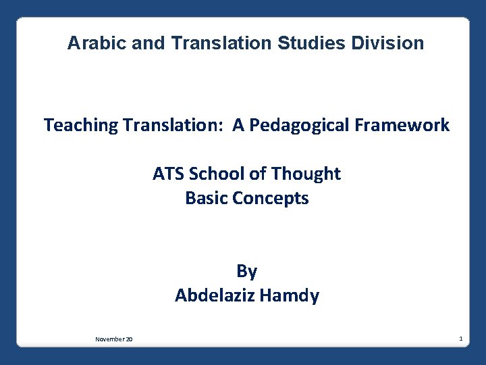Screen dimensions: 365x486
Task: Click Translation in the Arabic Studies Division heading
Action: [222, 43]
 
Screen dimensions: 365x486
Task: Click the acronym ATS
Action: [169, 174]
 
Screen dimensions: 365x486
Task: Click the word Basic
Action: [205, 199]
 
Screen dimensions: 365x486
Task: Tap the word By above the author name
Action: [246, 271]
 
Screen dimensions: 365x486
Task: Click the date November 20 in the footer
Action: [113, 339]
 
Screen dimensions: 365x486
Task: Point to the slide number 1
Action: [460, 337]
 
